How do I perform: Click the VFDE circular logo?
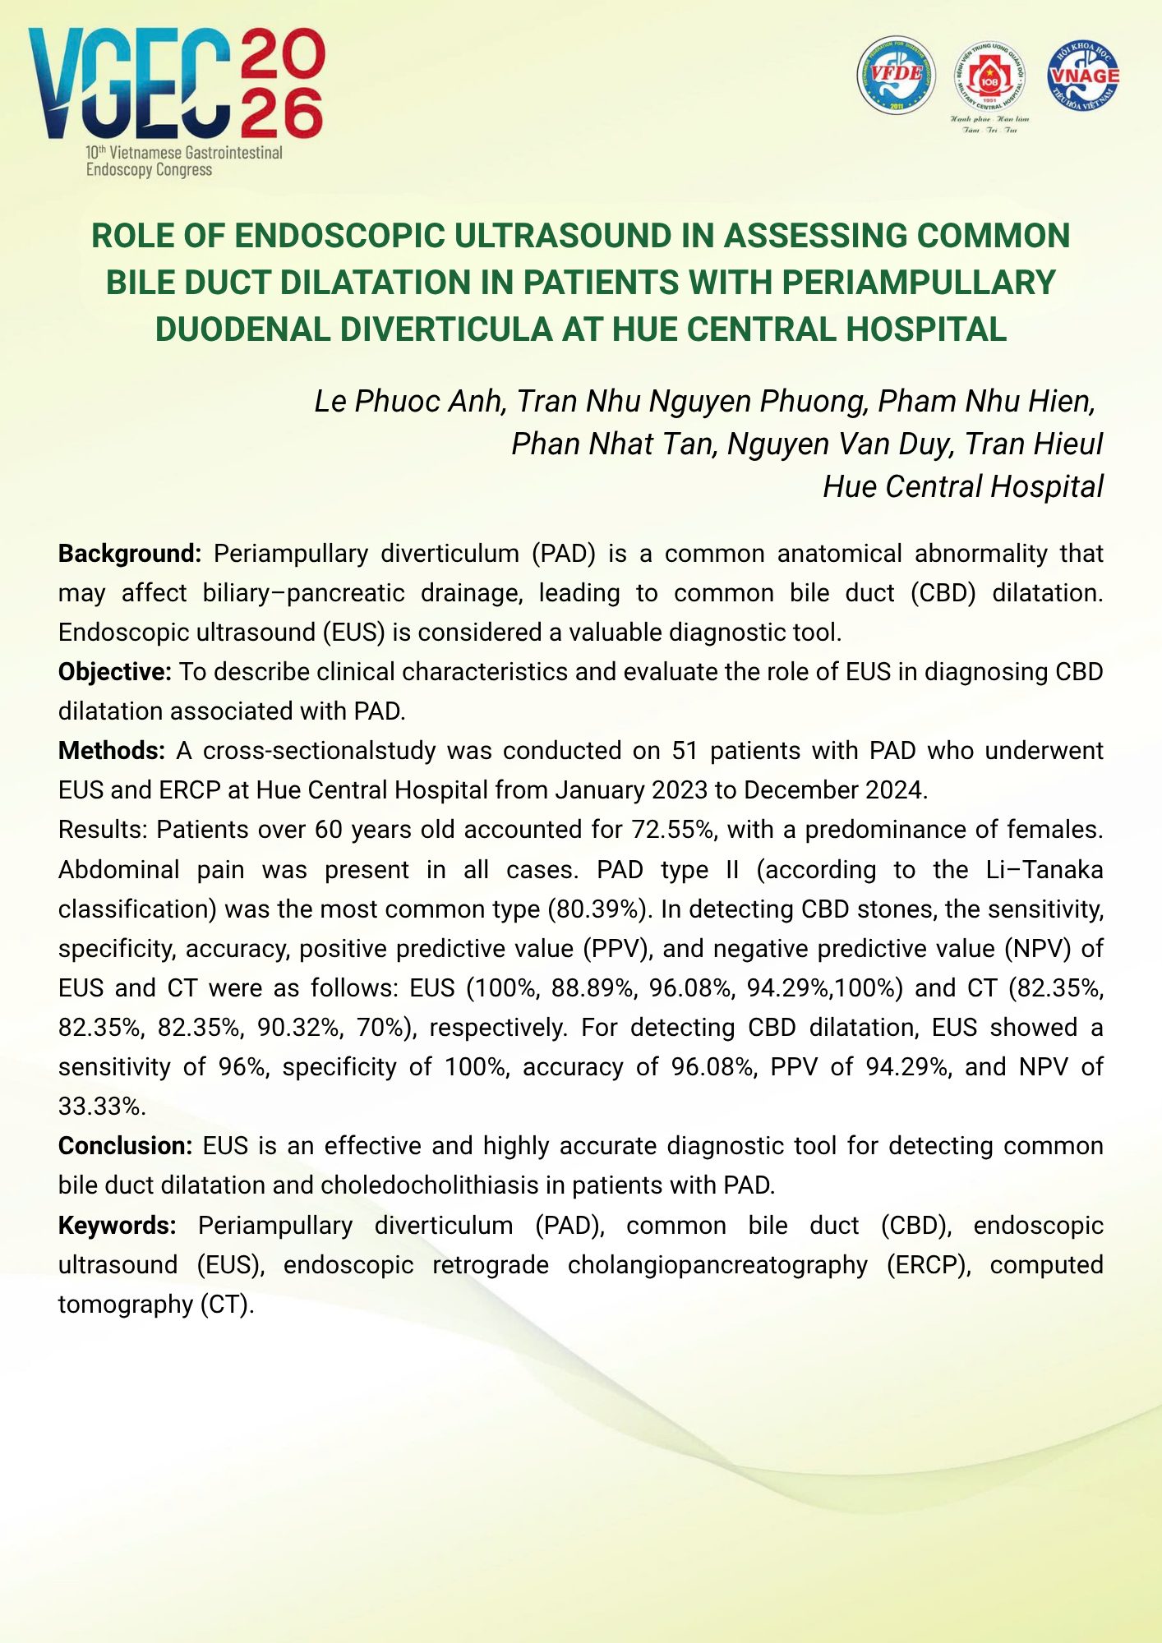click(x=896, y=75)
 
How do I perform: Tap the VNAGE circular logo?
click(x=1083, y=75)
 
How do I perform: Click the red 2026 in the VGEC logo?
click(x=281, y=82)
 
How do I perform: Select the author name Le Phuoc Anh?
click(x=408, y=401)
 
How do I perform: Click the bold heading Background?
click(x=130, y=554)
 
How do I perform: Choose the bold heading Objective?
click(x=114, y=672)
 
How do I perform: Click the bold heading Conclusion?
click(x=125, y=1146)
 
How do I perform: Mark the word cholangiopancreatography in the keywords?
click(x=717, y=1265)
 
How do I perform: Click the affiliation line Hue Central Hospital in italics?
click(x=963, y=487)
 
